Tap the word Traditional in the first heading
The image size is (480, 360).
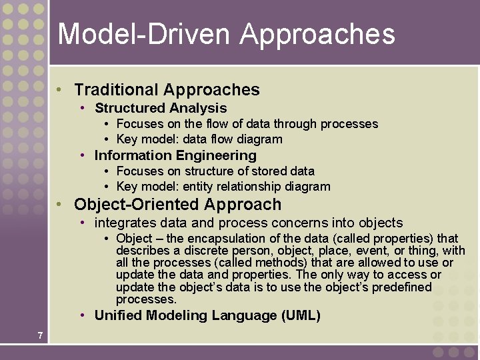coord(116,90)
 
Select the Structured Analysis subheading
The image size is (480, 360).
coord(161,108)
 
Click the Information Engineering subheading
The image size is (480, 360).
coord(175,155)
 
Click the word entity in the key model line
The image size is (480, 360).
coord(203,187)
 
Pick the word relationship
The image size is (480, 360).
coord(253,187)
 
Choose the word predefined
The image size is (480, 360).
coord(398,287)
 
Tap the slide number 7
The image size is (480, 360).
coord(41,335)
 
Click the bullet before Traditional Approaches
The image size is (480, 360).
coord(60,90)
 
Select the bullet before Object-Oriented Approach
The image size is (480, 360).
coord(60,205)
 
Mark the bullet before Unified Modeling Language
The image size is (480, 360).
coord(81,315)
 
